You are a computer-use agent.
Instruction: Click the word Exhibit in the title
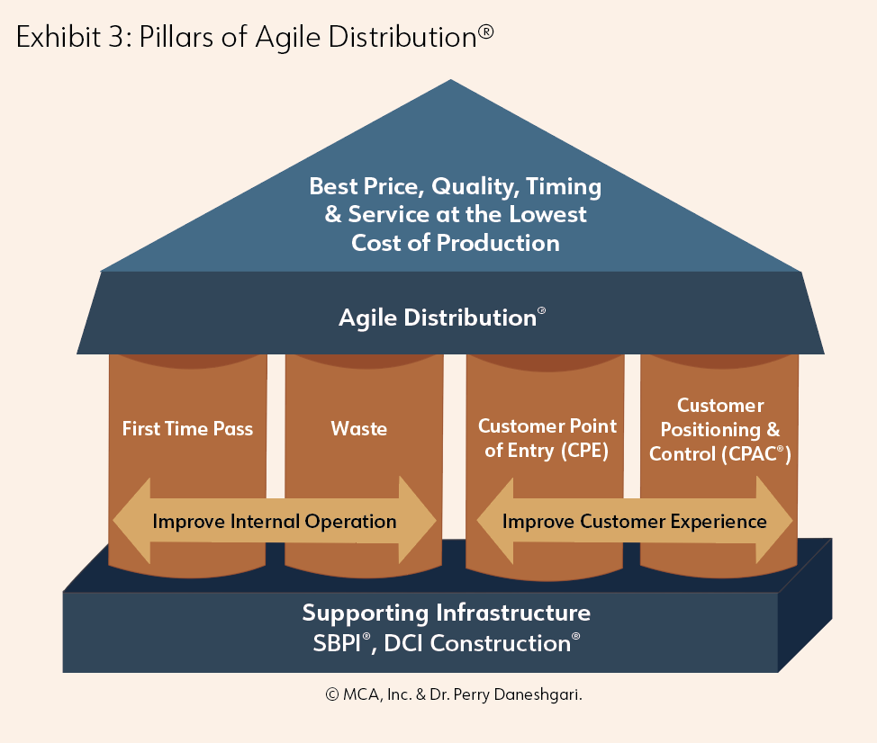(59, 37)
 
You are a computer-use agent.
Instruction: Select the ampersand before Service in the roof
(333, 213)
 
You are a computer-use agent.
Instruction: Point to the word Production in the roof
(498, 243)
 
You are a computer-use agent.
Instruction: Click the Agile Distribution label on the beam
(442, 318)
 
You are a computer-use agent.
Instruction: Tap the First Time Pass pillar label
(187, 428)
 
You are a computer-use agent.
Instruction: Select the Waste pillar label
(359, 428)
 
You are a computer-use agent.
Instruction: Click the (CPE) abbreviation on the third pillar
(584, 451)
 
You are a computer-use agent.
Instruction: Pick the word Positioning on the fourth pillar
(710, 430)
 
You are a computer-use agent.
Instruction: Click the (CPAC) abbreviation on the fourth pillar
(756, 453)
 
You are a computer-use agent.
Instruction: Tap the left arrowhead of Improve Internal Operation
(132, 521)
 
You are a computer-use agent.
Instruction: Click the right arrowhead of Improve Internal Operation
(417, 520)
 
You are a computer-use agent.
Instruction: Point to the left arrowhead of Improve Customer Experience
(495, 521)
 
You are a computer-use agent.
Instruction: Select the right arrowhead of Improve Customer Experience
(774, 520)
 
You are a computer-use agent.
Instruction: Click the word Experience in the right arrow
(719, 521)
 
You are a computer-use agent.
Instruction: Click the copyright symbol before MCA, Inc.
(332, 694)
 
